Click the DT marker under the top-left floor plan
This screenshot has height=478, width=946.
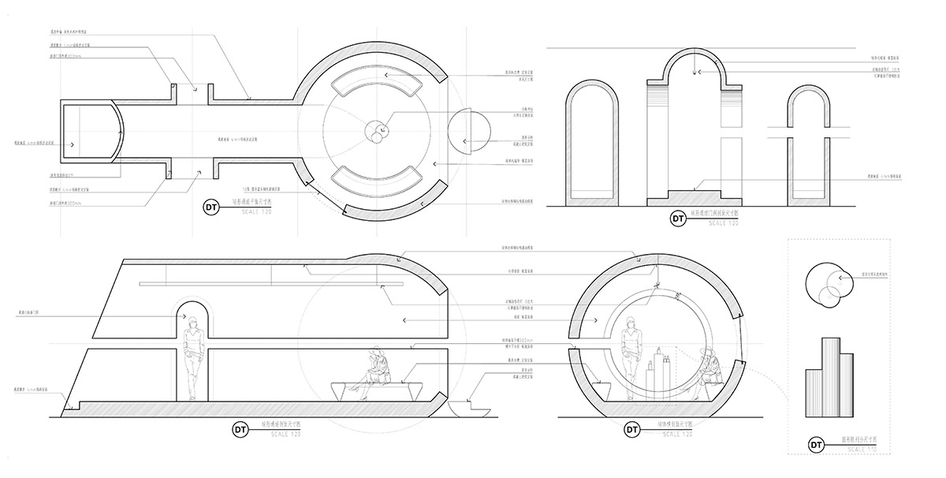(x=210, y=207)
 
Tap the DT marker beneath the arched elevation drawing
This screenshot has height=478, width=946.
(x=677, y=218)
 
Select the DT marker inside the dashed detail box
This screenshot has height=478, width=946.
(x=818, y=446)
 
